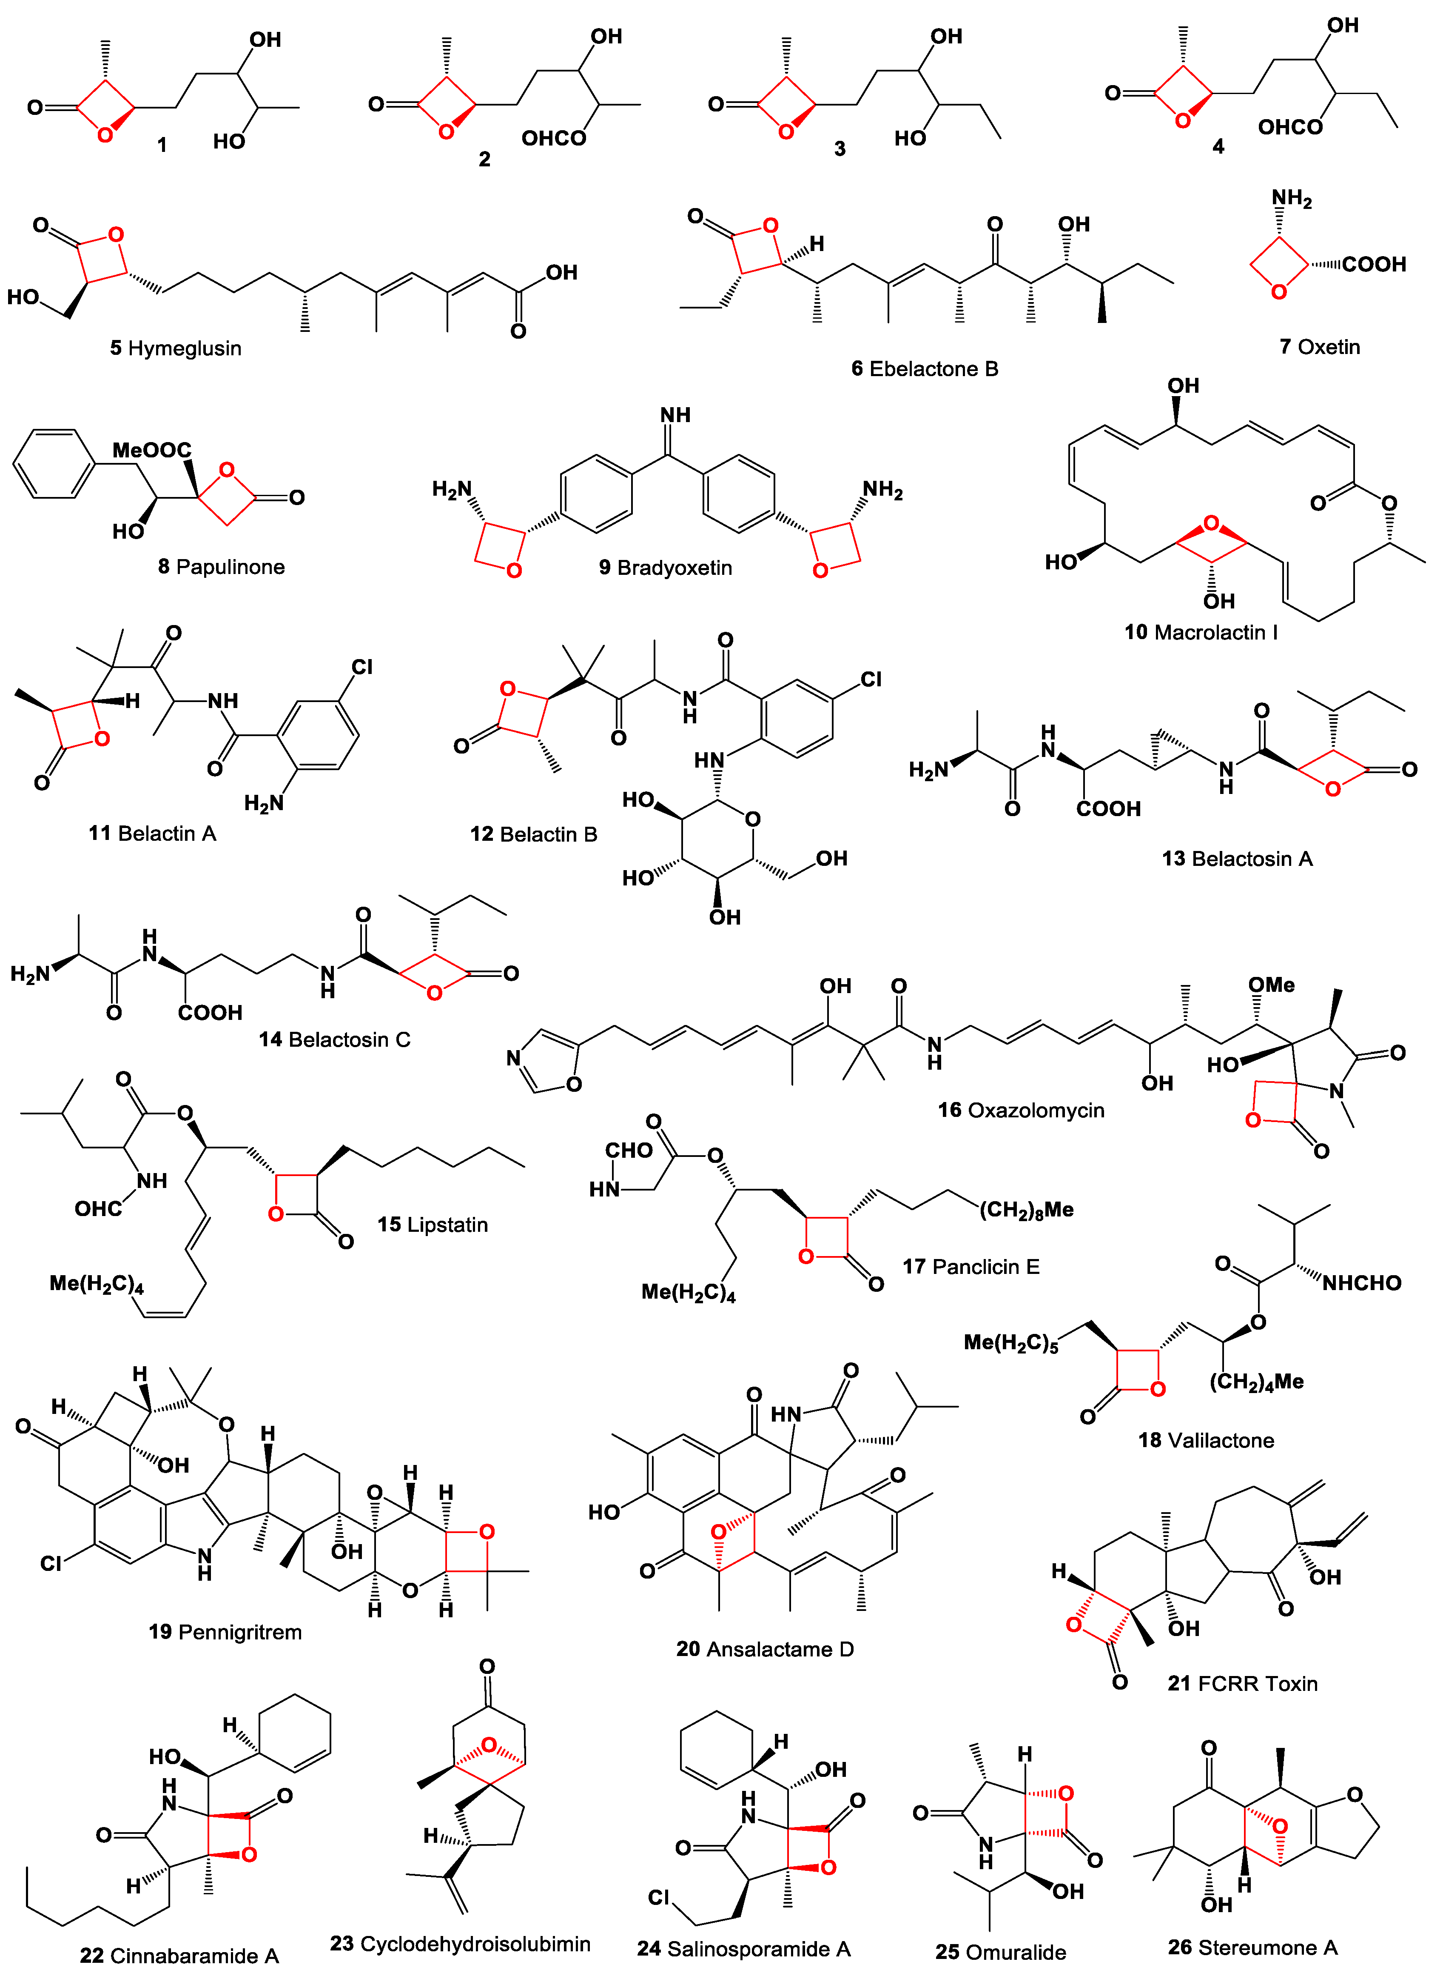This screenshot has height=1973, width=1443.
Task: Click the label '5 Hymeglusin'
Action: (176, 348)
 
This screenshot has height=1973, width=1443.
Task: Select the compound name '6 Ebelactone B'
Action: (924, 369)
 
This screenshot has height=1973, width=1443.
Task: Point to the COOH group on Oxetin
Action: (1373, 264)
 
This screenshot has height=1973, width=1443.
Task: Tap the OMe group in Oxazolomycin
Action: (1271, 985)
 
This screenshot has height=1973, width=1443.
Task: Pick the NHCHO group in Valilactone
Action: (1361, 1283)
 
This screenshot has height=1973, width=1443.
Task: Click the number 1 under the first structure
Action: (162, 144)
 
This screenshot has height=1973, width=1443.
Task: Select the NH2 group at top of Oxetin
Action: (1291, 199)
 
